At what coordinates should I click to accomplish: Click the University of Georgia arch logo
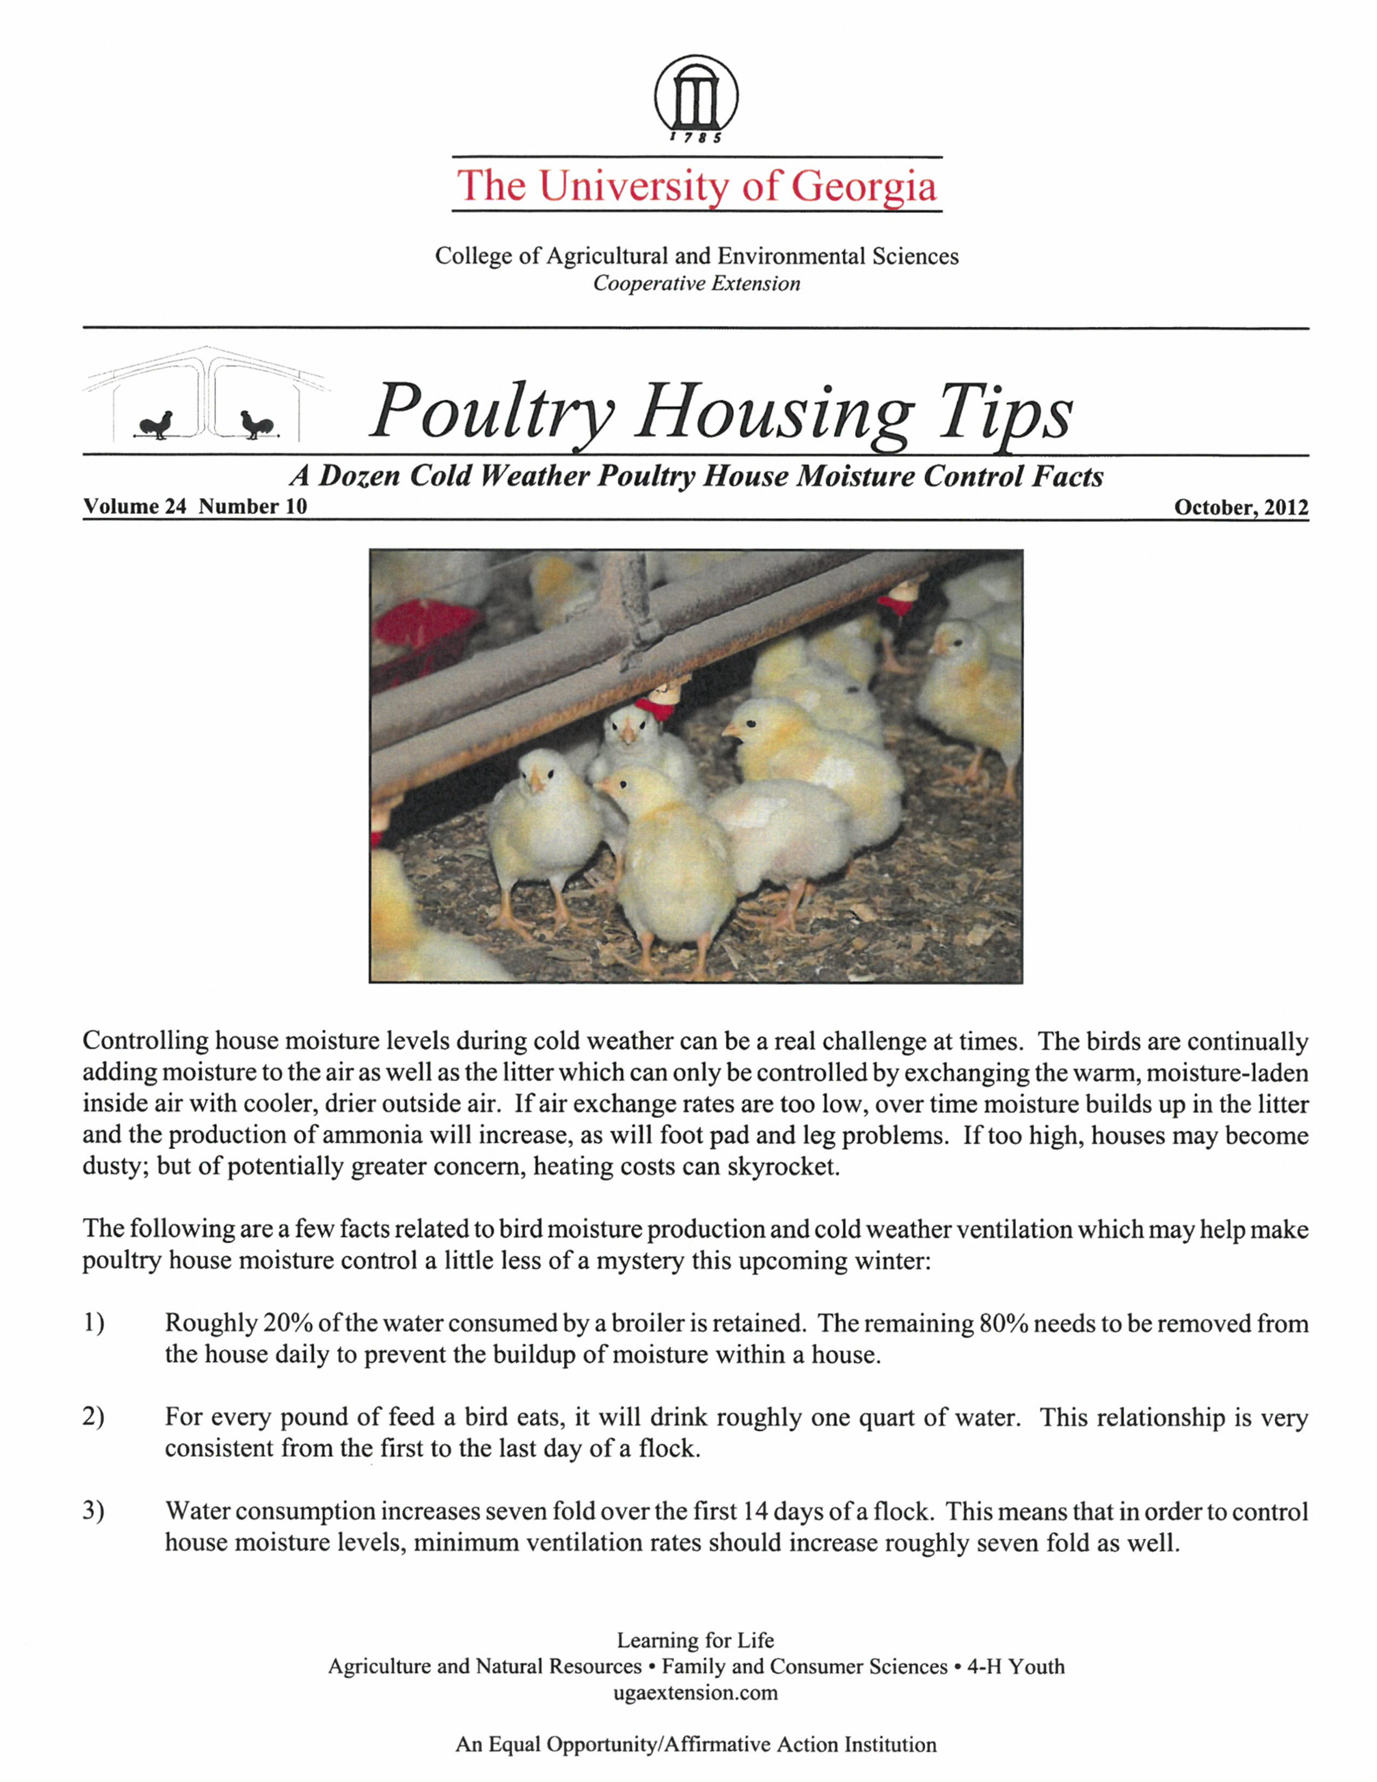696,98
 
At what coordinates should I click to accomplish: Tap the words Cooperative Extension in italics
696,284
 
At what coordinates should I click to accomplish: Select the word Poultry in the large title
492,411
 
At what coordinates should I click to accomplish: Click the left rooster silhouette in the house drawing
157,425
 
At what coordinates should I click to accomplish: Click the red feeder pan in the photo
420,633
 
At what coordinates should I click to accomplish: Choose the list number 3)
94,1511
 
